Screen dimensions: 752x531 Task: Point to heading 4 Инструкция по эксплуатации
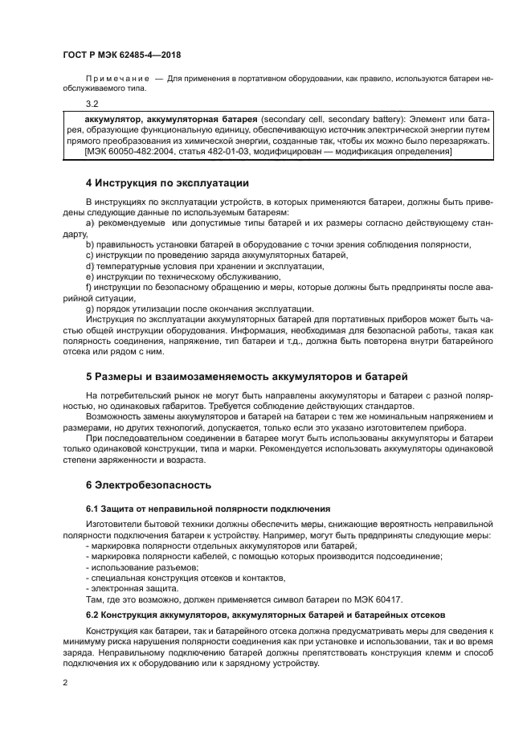[x=161, y=183]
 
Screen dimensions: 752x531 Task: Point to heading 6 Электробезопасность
[x=148, y=485]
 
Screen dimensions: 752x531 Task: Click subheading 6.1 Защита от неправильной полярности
[x=208, y=509]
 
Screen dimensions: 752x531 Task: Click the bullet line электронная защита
[x=130, y=588]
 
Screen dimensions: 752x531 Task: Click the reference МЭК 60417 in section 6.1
[x=379, y=599]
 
